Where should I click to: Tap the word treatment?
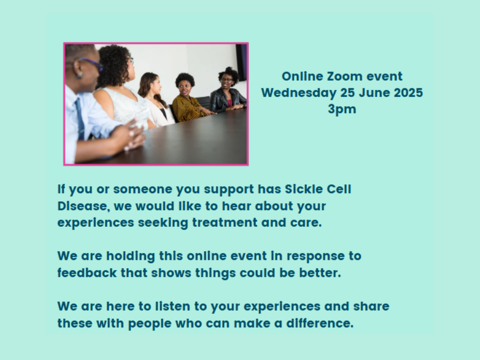pyautogui.click(x=225, y=223)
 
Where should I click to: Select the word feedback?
pyautogui.click(x=87, y=273)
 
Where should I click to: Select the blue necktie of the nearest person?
pyautogui.click(x=80, y=119)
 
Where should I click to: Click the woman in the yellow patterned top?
pyautogui.click(x=188, y=98)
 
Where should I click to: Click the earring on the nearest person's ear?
pyautogui.click(x=79, y=75)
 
